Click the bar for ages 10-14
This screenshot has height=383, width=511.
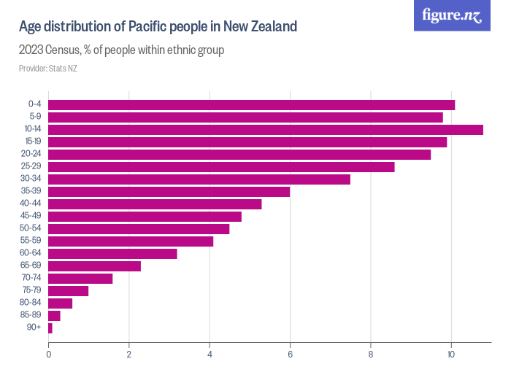pyautogui.click(x=266, y=129)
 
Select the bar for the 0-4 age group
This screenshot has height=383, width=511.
pyautogui.click(x=251, y=104)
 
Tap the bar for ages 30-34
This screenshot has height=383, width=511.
pyautogui.click(x=199, y=179)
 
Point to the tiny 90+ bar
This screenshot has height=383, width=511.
pyautogui.click(x=50, y=328)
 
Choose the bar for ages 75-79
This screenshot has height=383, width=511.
pyautogui.click(x=68, y=290)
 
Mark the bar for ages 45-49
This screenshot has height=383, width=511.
pyautogui.click(x=145, y=216)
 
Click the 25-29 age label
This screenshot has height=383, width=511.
pyautogui.click(x=32, y=166)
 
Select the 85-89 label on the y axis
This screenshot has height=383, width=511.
pyautogui.click(x=32, y=316)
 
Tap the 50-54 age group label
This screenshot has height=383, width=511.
pyautogui.click(x=32, y=228)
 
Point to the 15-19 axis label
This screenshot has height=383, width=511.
pyautogui.click(x=32, y=142)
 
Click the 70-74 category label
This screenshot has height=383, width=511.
pyautogui.click(x=32, y=278)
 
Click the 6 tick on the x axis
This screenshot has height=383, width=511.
pyautogui.click(x=291, y=355)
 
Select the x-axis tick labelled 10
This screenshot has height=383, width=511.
pyautogui.click(x=451, y=355)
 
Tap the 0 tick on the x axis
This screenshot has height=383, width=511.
pyautogui.click(x=49, y=355)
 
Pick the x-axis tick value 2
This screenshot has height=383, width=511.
pyautogui.click(x=129, y=355)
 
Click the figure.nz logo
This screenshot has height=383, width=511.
pyautogui.click(x=452, y=15)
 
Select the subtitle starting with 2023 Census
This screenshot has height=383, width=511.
pyautogui.click(x=121, y=50)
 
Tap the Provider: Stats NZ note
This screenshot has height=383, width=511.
pyautogui.click(x=48, y=69)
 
